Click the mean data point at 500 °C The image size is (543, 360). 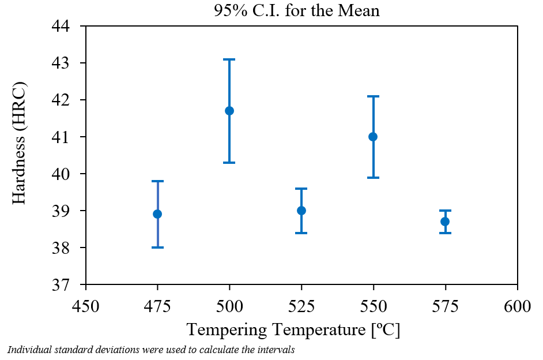pos(229,111)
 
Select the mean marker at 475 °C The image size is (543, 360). pos(157,214)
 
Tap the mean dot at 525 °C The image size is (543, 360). pos(301,211)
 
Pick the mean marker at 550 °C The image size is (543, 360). pos(373,137)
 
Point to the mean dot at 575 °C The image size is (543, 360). pos(445,222)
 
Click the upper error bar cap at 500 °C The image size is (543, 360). pos(229,59)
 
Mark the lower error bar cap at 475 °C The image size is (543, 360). pos(157,247)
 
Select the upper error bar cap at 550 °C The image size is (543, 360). pos(373,96)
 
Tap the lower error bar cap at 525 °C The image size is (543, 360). pos(301,233)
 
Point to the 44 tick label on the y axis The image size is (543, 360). pos(65,27)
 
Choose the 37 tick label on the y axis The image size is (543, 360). pos(65,285)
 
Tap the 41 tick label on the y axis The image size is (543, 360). pos(65,137)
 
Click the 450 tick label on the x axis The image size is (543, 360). pos(86,305)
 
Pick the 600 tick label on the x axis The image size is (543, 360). pos(517,305)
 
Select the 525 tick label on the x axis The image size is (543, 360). pos(301,305)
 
